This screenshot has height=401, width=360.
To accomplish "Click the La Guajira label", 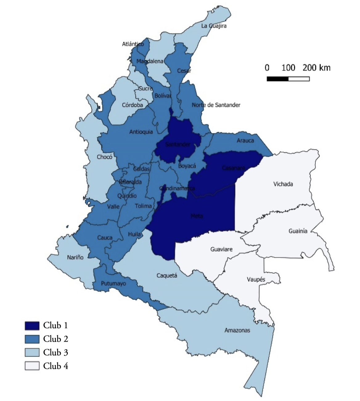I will click(x=214, y=26).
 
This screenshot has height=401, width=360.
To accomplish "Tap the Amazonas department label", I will click(x=237, y=330).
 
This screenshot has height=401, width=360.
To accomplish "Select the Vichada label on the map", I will click(x=283, y=184).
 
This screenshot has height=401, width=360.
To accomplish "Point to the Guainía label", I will click(x=298, y=231).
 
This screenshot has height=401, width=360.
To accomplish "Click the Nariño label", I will click(x=75, y=257).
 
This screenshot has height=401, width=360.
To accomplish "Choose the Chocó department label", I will click(x=104, y=157).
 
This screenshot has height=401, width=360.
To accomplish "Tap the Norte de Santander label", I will click(x=216, y=105).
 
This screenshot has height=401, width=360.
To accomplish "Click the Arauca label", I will click(x=245, y=141).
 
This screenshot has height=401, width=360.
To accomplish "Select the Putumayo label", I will click(x=113, y=283).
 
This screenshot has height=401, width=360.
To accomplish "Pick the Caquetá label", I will click(x=167, y=275).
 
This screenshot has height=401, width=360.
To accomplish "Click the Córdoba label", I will click(x=132, y=105).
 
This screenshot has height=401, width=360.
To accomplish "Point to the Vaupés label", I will click(x=256, y=280).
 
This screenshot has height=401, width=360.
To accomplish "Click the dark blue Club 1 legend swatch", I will click(x=32, y=325).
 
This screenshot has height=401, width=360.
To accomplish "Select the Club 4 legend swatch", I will click(x=32, y=366).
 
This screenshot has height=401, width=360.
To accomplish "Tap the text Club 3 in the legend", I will click(x=55, y=352).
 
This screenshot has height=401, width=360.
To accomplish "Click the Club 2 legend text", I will click(x=55, y=339).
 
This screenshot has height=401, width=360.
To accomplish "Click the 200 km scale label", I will click(x=316, y=68).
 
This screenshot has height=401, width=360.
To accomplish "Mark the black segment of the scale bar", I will click(x=277, y=79).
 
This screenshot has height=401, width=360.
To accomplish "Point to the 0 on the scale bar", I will click(x=267, y=68).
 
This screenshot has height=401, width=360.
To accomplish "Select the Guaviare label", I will click(x=221, y=249).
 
